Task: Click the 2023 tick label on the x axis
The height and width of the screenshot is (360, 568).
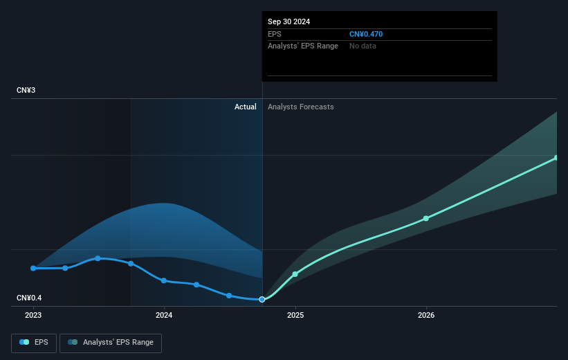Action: point(33,315)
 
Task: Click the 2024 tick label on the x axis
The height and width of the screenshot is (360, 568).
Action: point(164,315)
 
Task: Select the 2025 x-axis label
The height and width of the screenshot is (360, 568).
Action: point(295,315)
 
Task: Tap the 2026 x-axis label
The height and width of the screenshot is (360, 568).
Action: point(426,315)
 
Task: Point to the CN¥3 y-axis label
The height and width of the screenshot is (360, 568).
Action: point(27,91)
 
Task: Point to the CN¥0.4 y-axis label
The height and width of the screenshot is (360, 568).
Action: point(30,298)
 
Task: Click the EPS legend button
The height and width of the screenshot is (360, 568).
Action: point(34,342)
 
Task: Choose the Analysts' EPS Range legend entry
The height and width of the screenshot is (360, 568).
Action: point(111,342)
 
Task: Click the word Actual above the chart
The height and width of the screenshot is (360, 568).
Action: point(245,107)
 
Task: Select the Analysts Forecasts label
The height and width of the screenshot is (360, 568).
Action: point(300,107)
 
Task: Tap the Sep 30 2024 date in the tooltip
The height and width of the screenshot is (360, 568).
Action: point(289,21)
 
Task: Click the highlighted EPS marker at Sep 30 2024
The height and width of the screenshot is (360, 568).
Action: point(262,299)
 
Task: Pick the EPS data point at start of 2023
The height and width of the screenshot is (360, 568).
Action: point(33,268)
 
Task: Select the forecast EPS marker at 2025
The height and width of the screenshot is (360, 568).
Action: point(295,274)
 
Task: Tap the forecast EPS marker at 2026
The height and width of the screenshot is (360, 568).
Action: point(426,218)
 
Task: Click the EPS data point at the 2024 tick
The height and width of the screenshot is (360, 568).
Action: point(164,280)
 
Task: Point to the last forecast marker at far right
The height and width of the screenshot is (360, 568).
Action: point(556,158)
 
